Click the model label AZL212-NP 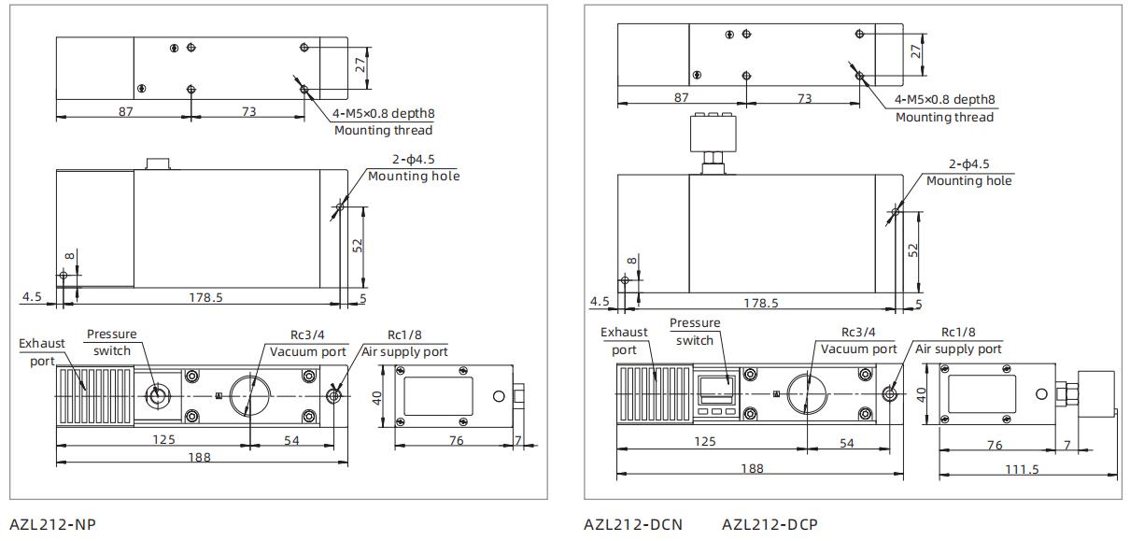pyautogui.click(x=52, y=524)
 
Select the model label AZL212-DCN pyautogui.click(x=632, y=524)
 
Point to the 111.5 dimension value pyautogui.click(x=1022, y=468)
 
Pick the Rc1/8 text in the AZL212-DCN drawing pyautogui.click(x=958, y=332)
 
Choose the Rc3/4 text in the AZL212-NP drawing pyautogui.click(x=308, y=335)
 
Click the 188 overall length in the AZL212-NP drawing pyautogui.click(x=199, y=457)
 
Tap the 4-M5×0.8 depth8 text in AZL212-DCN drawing pyautogui.click(x=944, y=100)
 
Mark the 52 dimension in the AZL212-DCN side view pyautogui.click(x=913, y=250)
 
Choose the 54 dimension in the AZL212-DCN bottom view pyautogui.click(x=846, y=443)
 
